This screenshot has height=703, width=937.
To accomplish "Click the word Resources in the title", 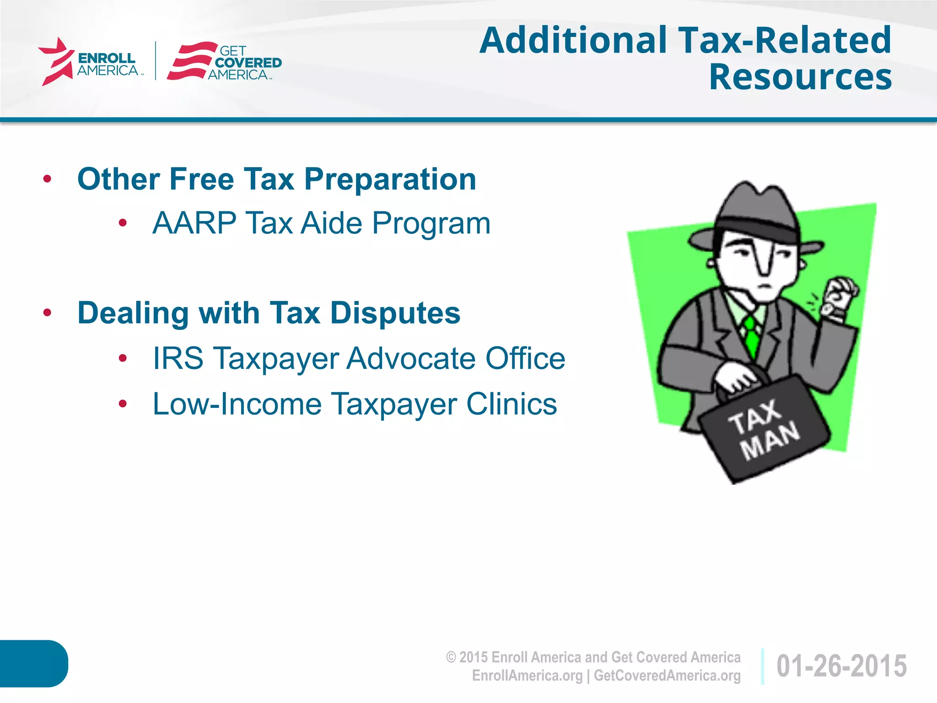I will pyautogui.click(x=800, y=77).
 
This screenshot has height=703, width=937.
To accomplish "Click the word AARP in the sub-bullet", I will pyautogui.click(x=194, y=223).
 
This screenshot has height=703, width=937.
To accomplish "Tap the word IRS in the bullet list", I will pyautogui.click(x=178, y=358).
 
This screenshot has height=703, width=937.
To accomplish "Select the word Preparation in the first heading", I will pyautogui.click(x=390, y=179).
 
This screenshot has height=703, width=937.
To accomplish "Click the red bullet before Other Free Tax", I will pyautogui.click(x=47, y=179).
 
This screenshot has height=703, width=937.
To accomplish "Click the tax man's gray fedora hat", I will pyautogui.click(x=755, y=215).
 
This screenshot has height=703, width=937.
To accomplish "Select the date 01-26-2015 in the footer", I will pyautogui.click(x=841, y=666).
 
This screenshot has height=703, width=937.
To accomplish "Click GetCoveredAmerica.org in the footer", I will pyautogui.click(x=667, y=676).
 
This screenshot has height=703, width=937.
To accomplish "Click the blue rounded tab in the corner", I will pyautogui.click(x=33, y=663).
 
